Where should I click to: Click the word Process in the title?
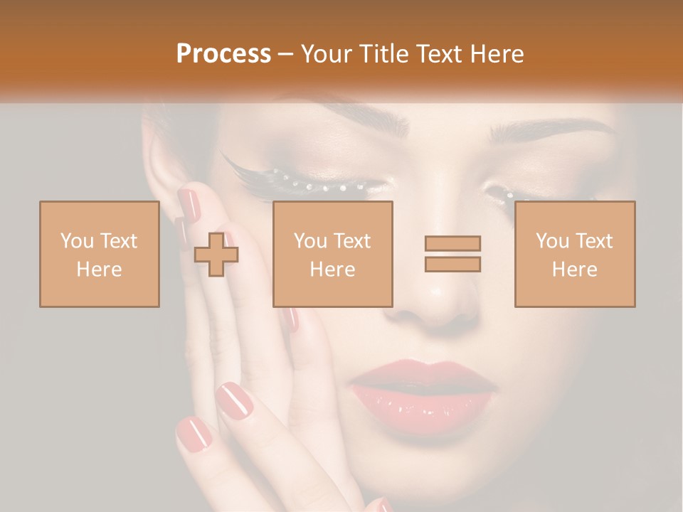pos(223,54)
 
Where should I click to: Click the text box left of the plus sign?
pos(99,254)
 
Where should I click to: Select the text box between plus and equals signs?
pos(332,254)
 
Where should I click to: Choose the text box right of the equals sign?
pos(574,254)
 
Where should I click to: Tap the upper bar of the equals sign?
pos(452,243)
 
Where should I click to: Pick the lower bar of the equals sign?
pos(452,264)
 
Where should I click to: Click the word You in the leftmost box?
pos(76,241)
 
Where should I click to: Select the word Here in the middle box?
pos(332,270)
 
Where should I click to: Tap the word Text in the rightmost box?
pos(593,241)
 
